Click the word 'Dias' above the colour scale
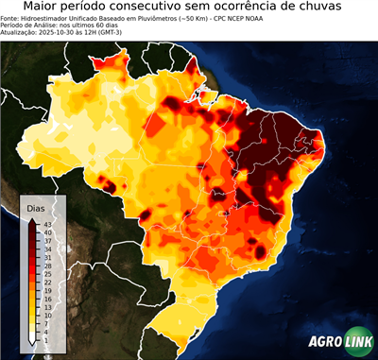click(36, 207)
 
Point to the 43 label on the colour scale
click(48, 223)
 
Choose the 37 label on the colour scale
click(48, 240)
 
